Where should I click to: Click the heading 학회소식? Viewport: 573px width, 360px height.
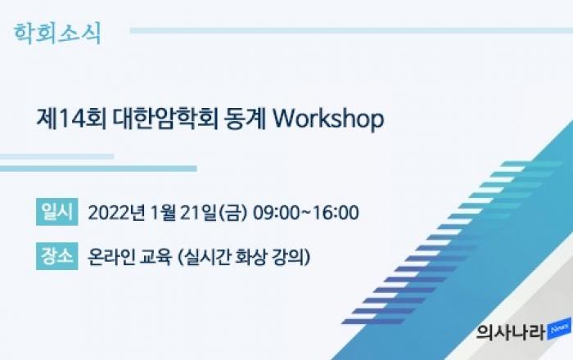pos(57,34)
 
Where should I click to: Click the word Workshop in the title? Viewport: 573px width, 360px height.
pos(328,119)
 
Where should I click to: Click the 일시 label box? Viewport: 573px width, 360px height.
pos(57,212)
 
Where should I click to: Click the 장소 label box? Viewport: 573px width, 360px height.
pos(57,256)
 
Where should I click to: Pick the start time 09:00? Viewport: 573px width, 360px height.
pos(271,213)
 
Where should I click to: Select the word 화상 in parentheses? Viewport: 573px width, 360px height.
pos(250,257)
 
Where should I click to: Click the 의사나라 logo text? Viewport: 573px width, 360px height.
pos(512,331)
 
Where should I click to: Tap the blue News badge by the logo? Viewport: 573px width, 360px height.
pos(559,329)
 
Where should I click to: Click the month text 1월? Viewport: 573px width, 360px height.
pos(163,213)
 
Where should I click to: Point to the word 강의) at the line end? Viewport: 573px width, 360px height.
pos(291,257)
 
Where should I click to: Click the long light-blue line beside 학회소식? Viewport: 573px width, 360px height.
pos(351,30)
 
